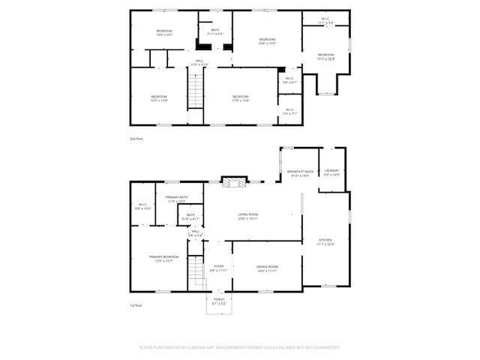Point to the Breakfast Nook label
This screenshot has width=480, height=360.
pyautogui.click(x=300, y=173)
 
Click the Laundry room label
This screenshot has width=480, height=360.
pyautogui.click(x=331, y=172)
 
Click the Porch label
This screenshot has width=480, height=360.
pyautogui.click(x=219, y=301)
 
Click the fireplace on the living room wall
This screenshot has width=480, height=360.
pyautogui.click(x=232, y=182)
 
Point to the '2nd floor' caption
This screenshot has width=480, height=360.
pyautogui.click(x=136, y=139)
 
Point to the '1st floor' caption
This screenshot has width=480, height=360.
pyautogui.click(x=136, y=305)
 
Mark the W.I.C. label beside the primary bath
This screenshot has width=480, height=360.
pyautogui.click(x=142, y=205)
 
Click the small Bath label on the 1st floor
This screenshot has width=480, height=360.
pyautogui.click(x=190, y=217)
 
